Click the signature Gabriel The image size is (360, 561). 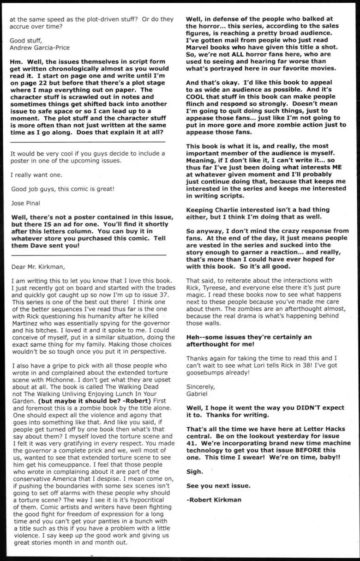click(198, 394)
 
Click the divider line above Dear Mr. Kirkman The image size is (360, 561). click(88, 254)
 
